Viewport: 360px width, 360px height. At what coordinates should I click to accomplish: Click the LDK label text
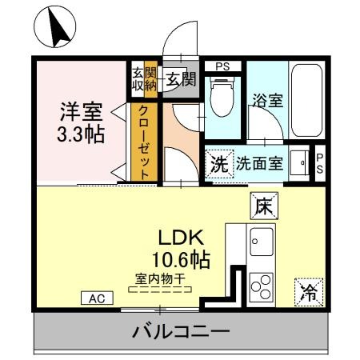point(182,238)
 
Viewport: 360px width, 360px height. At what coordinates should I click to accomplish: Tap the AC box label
point(97,298)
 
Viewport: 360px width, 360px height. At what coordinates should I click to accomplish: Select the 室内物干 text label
point(160,278)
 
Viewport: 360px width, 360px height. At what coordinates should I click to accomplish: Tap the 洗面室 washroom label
point(259,164)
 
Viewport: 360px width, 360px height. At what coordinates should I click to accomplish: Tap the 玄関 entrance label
point(181,78)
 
